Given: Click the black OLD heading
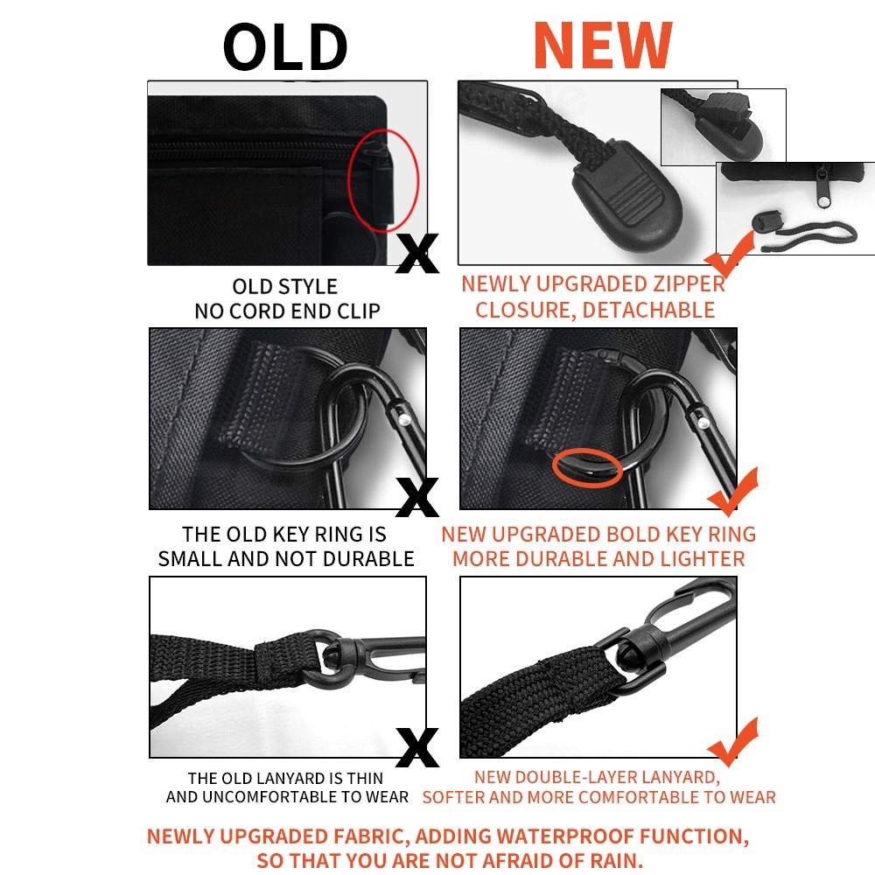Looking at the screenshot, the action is coord(285,47).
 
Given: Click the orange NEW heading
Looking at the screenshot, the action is coord(603,45).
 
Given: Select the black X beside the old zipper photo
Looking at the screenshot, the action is coord(416,254).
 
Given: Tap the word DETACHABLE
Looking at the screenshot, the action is coord(647,311).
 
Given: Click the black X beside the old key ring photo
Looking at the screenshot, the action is coord(416,497).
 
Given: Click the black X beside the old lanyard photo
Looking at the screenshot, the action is coord(416,747).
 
